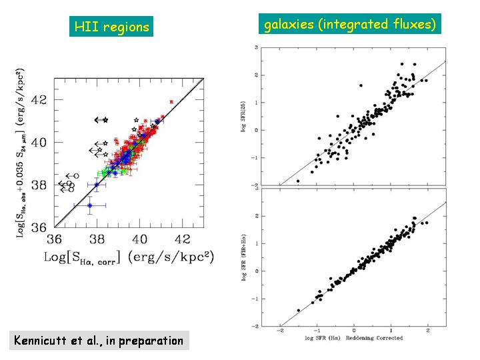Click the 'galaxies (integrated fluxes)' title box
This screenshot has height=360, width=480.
tap(350, 25)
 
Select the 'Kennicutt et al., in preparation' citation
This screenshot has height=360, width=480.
tap(99, 341)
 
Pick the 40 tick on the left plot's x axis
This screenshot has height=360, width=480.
tap(140, 239)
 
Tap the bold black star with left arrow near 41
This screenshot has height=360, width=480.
tap(105, 120)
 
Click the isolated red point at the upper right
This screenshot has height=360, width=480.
tap(172, 101)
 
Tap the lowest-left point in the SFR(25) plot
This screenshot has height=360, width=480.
tap(297, 181)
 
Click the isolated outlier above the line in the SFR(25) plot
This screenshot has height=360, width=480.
tap(361, 85)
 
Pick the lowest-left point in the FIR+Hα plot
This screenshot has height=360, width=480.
tap(298, 311)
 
